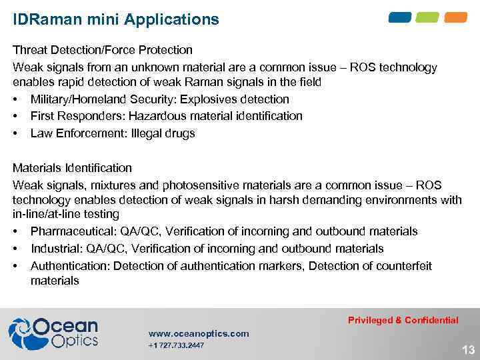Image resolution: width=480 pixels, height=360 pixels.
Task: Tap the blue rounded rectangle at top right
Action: tap(400, 17)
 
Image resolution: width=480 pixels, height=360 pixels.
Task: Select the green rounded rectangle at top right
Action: tap(428, 17)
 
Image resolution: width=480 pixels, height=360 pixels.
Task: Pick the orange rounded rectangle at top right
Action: tap(455, 17)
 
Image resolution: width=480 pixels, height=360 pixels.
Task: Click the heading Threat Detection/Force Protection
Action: tap(103, 50)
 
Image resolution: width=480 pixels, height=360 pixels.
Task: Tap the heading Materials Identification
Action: tap(73, 168)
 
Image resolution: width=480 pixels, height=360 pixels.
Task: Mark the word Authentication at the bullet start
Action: tap(70, 266)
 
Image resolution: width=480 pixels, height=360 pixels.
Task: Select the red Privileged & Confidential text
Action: tap(403, 320)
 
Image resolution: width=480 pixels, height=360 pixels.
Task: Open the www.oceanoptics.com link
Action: tap(199, 333)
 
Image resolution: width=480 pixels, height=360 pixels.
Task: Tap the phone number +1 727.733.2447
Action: tap(176, 345)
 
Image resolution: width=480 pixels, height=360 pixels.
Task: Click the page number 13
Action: tap(468, 350)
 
